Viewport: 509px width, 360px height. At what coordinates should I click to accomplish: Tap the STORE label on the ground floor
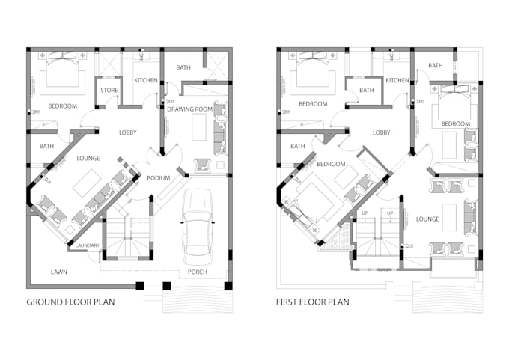(109, 91)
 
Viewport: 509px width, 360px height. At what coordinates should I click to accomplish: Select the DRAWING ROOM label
(190, 110)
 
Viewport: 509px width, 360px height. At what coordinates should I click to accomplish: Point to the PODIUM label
(158, 178)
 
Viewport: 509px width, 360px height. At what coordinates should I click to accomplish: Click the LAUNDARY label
(88, 245)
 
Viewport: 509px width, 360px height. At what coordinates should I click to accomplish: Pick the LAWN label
(59, 272)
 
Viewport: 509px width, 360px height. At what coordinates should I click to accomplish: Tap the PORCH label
(198, 272)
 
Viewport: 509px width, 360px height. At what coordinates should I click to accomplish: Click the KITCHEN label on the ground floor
(145, 80)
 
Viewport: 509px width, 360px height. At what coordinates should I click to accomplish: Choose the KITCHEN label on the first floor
(397, 80)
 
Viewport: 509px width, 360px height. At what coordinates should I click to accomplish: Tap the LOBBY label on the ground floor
(128, 132)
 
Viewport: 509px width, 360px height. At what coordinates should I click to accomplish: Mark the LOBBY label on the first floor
(382, 132)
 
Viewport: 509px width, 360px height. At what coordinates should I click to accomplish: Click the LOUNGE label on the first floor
(427, 219)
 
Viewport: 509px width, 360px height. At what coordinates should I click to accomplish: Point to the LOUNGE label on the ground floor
(88, 159)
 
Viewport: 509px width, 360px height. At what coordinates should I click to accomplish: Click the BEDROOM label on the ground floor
(62, 106)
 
